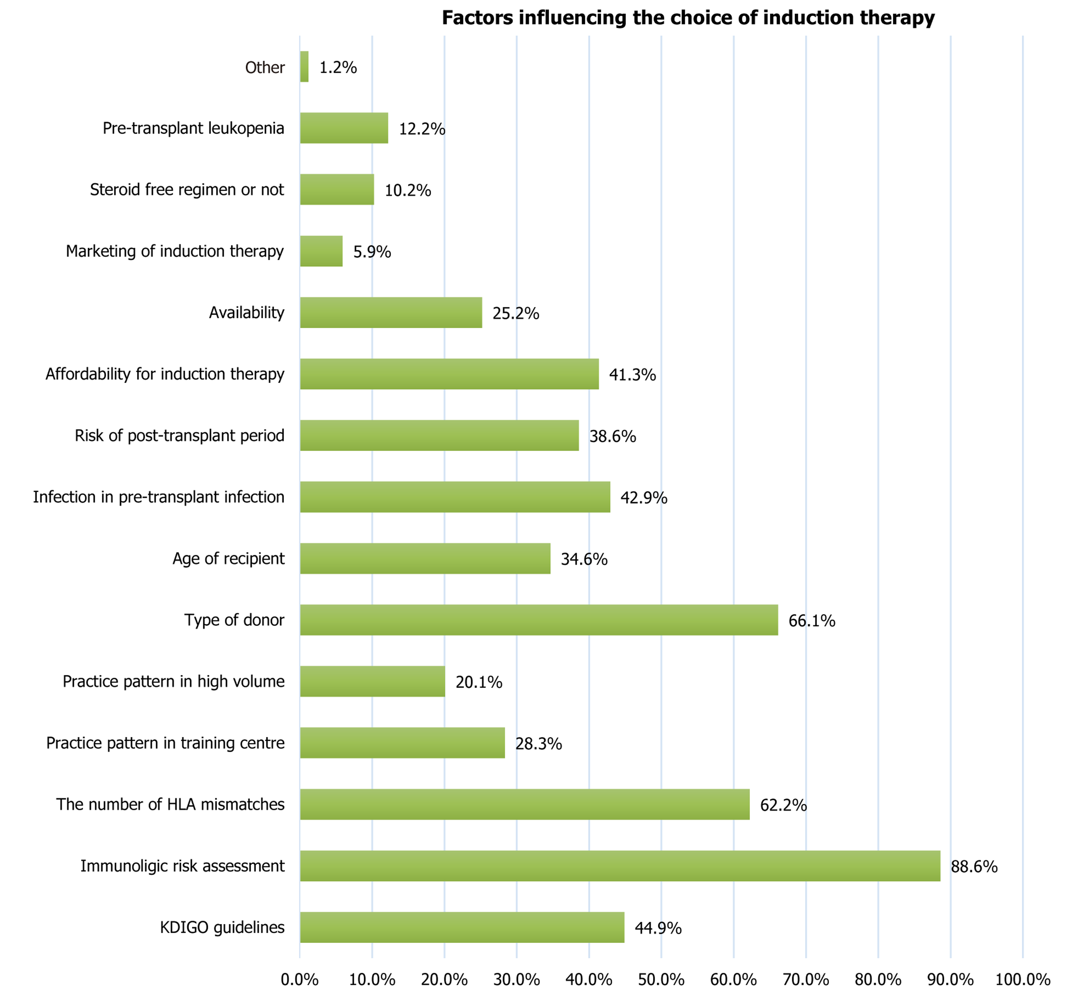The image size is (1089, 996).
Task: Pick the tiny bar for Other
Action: pos(304,67)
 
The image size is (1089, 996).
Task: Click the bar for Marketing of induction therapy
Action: pos(321,251)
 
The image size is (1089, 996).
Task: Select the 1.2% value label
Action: pos(338,68)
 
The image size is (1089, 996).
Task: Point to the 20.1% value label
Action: pos(479,682)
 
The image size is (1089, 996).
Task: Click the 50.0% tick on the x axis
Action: pos(661,980)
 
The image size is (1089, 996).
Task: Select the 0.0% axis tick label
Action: pos(299,980)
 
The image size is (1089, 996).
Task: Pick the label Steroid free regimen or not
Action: pos(187,190)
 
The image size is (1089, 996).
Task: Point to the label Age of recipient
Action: pos(228,559)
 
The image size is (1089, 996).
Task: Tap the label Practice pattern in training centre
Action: pos(165,743)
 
